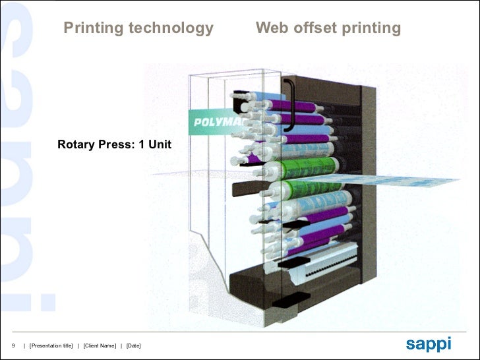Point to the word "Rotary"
(x=76, y=144)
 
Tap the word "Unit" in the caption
(x=160, y=144)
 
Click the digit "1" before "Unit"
(x=142, y=144)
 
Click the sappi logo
(x=429, y=344)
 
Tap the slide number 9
(x=13, y=346)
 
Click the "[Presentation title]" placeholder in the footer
(x=51, y=346)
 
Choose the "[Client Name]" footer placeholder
(x=100, y=346)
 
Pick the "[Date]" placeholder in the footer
(x=134, y=346)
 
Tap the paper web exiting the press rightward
(x=409, y=181)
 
